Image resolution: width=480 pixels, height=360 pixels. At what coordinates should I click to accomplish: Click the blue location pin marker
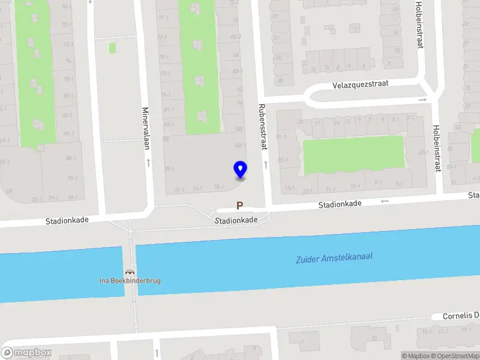(x=240, y=169)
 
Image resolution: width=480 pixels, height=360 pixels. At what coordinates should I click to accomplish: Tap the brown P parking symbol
(x=240, y=206)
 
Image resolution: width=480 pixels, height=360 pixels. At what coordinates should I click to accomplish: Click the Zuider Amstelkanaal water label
(x=334, y=258)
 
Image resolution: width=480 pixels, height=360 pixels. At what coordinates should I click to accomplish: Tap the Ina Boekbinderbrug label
(x=130, y=280)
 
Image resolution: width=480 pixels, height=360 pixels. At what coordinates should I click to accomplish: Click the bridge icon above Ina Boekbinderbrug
(x=130, y=272)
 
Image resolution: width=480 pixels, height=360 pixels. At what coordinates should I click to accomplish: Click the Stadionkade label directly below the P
(x=237, y=220)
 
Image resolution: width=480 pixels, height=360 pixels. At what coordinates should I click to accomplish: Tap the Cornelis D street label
(x=461, y=316)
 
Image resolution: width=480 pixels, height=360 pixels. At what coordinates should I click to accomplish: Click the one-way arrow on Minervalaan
(x=148, y=162)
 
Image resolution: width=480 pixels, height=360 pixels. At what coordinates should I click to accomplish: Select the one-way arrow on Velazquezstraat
(x=422, y=99)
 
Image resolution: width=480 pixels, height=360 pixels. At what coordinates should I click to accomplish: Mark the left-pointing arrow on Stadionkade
(x=385, y=201)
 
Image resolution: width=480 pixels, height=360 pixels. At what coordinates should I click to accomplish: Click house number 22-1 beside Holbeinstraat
(x=423, y=152)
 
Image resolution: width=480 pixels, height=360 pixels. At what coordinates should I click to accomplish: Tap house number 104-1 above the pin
(x=240, y=146)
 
